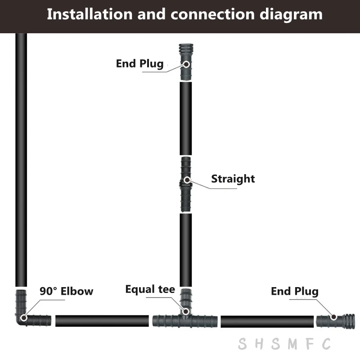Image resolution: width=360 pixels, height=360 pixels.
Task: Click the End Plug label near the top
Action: [139, 63]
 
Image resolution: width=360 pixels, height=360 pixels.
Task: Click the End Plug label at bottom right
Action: [294, 291]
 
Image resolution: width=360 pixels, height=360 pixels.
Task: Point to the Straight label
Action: [233, 179]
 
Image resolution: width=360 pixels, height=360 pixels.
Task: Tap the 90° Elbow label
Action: [66, 291]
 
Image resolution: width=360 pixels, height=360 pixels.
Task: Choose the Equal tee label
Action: [150, 289]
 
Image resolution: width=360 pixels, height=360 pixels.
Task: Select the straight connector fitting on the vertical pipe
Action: [185, 184]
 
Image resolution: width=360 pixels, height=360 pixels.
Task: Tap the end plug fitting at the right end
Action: [335, 321]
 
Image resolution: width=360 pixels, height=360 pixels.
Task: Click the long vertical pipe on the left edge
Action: [21, 157]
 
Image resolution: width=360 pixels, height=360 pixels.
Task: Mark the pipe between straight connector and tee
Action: [185, 250]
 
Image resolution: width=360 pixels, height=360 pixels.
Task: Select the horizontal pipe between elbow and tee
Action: [102, 321]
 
